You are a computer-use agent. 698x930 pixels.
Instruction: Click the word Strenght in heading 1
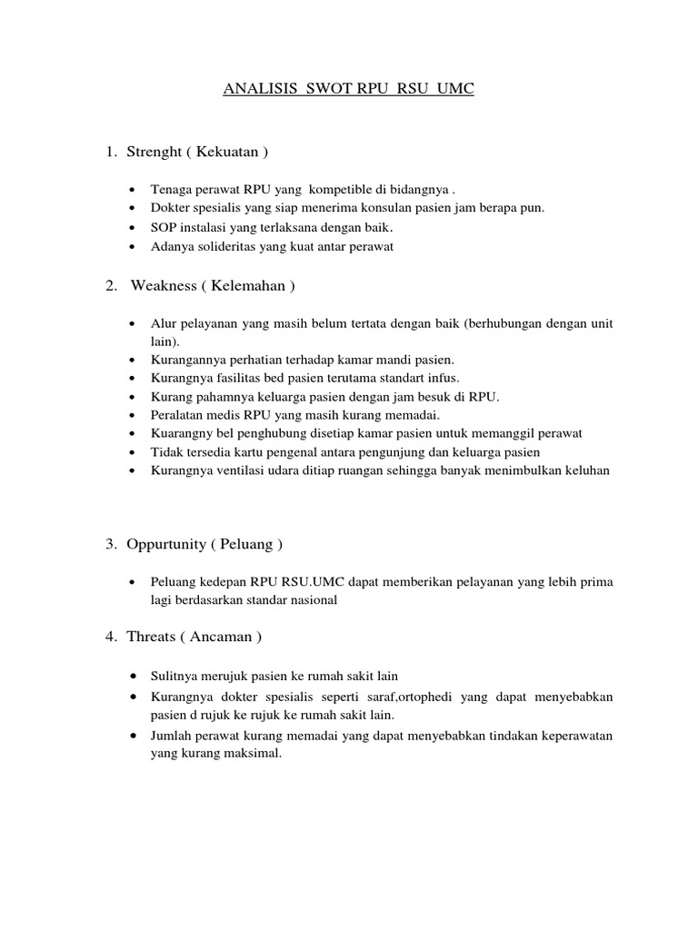pyautogui.click(x=155, y=152)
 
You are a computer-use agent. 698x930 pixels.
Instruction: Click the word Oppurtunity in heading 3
pyautogui.click(x=167, y=545)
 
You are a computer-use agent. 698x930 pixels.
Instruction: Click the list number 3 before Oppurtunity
pyautogui.click(x=109, y=545)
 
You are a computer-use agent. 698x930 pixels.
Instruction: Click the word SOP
pyautogui.click(x=162, y=227)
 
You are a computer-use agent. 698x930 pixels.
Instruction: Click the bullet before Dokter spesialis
pyautogui.click(x=134, y=209)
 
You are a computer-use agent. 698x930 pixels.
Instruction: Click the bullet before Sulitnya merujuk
pyautogui.click(x=134, y=678)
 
